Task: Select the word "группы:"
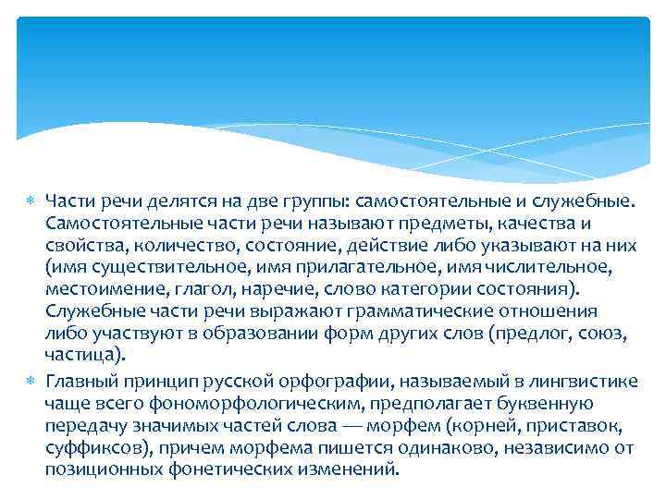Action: (x=308, y=201)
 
